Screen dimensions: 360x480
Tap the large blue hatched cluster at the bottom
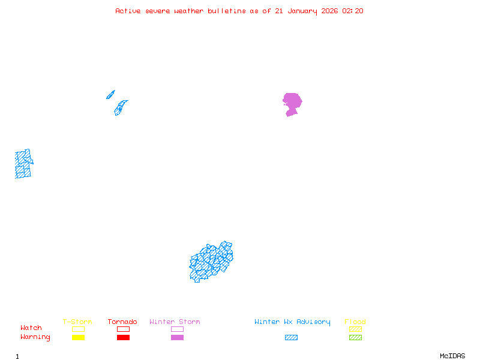[211, 262]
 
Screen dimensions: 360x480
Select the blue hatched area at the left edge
[23, 164]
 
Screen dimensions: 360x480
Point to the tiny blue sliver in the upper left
[110, 94]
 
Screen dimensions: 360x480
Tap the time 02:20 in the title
[353, 11]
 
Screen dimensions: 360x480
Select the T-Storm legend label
[77, 322]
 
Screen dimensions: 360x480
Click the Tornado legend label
[122, 322]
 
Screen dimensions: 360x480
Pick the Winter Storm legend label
[175, 322]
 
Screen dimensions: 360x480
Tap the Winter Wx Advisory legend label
[292, 322]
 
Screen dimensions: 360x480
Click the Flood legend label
[355, 322]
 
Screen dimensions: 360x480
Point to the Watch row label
[31, 328]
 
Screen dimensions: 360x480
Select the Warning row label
[35, 337]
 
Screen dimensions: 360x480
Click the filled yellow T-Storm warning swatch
[78, 337]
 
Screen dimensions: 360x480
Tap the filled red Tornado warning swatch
[123, 337]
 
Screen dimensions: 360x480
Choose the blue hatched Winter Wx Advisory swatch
[291, 337]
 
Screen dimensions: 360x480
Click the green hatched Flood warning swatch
[355, 337]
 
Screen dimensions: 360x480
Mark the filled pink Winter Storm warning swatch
[177, 337]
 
